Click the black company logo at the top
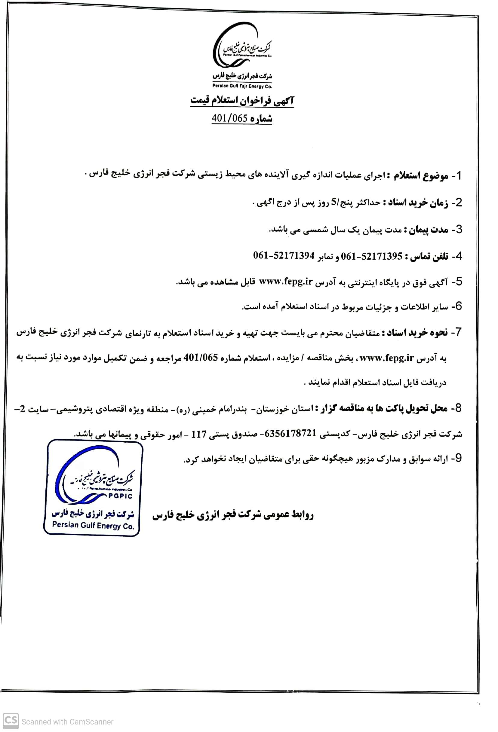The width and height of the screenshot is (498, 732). pyautogui.click(x=241, y=47)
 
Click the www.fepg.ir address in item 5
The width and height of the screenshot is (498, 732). pyautogui.click(x=286, y=282)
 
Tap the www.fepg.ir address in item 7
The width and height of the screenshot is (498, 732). pyautogui.click(x=387, y=358)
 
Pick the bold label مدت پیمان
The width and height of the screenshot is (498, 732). pyautogui.click(x=428, y=230)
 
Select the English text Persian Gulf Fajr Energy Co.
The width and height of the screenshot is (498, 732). pyautogui.click(x=242, y=86)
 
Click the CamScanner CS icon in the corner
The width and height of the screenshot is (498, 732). pyautogui.click(x=11, y=721)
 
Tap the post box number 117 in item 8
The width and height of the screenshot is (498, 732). pyautogui.click(x=198, y=434)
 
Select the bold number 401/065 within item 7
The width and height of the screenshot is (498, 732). pyautogui.click(x=201, y=358)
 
